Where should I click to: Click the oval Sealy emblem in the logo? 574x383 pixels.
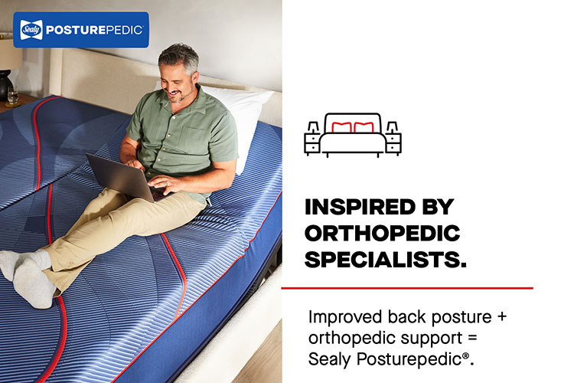(x=31, y=30)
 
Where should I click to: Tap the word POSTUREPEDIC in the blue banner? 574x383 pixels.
(x=94, y=30)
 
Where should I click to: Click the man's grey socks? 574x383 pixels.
(x=28, y=275)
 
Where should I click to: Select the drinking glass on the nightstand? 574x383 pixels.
(x=12, y=96)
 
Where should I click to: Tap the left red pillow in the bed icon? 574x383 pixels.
(x=341, y=127)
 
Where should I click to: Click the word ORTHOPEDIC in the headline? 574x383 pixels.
(x=382, y=234)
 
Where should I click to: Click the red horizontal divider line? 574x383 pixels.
(x=407, y=288)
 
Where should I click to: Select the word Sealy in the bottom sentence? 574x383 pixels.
(x=329, y=359)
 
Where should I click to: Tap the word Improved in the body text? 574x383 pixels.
(x=345, y=317)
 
